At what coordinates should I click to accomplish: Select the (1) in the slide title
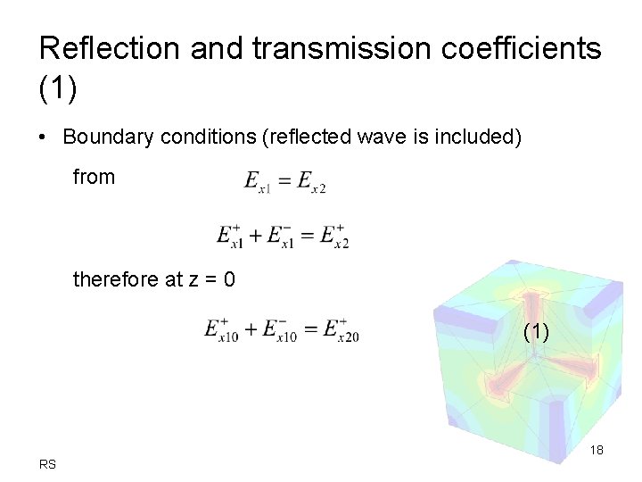(x=60, y=87)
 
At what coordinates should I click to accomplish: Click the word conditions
(x=203, y=137)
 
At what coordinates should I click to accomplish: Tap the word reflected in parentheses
(x=300, y=137)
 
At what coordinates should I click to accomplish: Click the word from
(x=94, y=177)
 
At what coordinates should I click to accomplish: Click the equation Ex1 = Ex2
(x=285, y=182)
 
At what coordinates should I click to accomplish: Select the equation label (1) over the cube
(x=536, y=332)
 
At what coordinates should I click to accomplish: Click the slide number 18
(x=597, y=450)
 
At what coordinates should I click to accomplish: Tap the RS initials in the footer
(x=47, y=463)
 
